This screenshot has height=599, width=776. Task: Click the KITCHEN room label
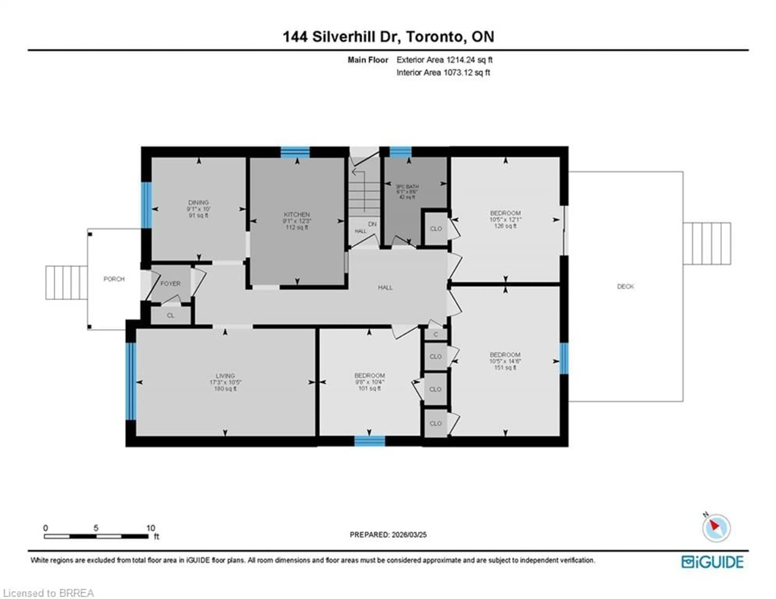pos(297,215)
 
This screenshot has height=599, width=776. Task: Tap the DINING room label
pos(198,202)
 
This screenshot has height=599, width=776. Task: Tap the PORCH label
pos(114,279)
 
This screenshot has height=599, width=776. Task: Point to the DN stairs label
pos(372,224)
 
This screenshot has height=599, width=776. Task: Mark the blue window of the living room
pos(131,381)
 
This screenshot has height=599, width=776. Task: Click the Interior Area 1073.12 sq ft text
pos(443,73)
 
